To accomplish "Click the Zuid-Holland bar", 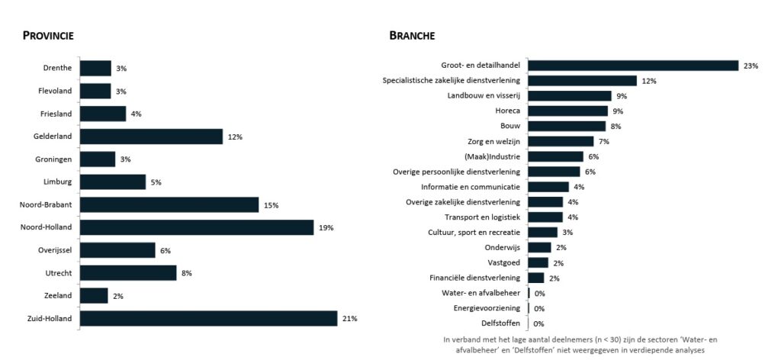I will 208,318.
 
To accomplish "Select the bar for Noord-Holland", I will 197,227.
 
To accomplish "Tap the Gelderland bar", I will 151,137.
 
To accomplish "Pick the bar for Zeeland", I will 94,295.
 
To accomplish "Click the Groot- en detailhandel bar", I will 633,66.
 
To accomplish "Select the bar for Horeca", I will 567,111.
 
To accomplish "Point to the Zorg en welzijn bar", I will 561,141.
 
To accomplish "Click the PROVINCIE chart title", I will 48,36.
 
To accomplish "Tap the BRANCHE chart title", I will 412,36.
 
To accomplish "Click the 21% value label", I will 349,319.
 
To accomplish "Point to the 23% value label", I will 750,66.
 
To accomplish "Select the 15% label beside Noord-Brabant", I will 271,205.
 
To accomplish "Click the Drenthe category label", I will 57,68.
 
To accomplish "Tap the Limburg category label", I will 58,182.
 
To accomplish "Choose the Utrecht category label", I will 58,273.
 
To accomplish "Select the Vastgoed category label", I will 504,263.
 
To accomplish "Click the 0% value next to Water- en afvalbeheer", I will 539,294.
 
